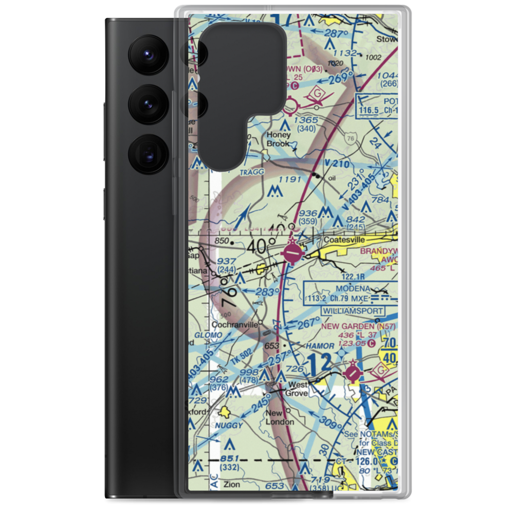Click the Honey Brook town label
click(x=278, y=139)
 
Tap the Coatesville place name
click(x=344, y=240)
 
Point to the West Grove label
click(x=298, y=389)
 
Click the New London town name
click(x=280, y=417)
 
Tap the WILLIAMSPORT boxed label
click(x=353, y=311)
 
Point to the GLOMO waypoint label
click(x=209, y=335)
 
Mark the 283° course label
click(x=263, y=291)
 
